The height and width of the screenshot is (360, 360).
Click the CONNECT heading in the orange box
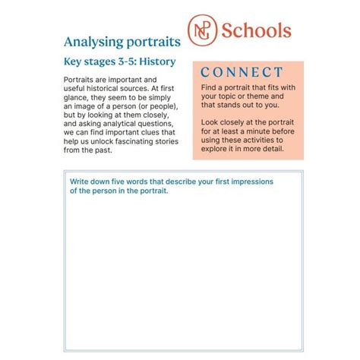point(242,73)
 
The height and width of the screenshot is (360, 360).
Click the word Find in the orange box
point(210,88)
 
